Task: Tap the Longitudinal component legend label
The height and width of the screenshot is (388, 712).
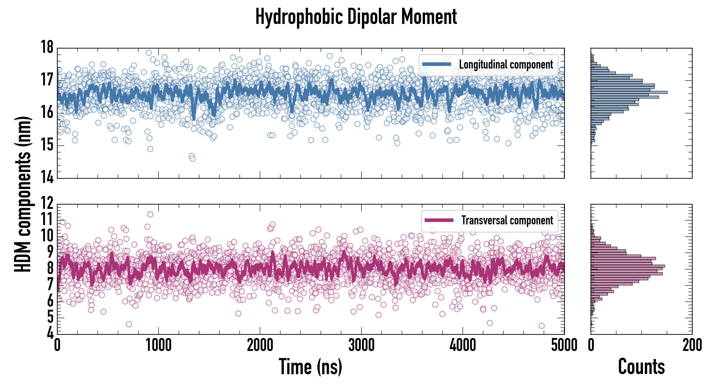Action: click(x=506, y=65)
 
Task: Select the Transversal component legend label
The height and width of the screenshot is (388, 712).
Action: click(x=507, y=220)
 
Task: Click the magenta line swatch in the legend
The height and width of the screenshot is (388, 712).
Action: click(x=439, y=220)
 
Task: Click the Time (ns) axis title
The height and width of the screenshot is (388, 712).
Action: click(x=310, y=367)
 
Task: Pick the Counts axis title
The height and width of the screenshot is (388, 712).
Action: click(x=641, y=367)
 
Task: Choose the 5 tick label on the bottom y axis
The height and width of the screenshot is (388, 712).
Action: click(x=50, y=316)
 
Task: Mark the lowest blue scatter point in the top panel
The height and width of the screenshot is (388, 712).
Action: click(x=193, y=158)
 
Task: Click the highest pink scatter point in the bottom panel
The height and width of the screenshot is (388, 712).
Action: click(x=150, y=214)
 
